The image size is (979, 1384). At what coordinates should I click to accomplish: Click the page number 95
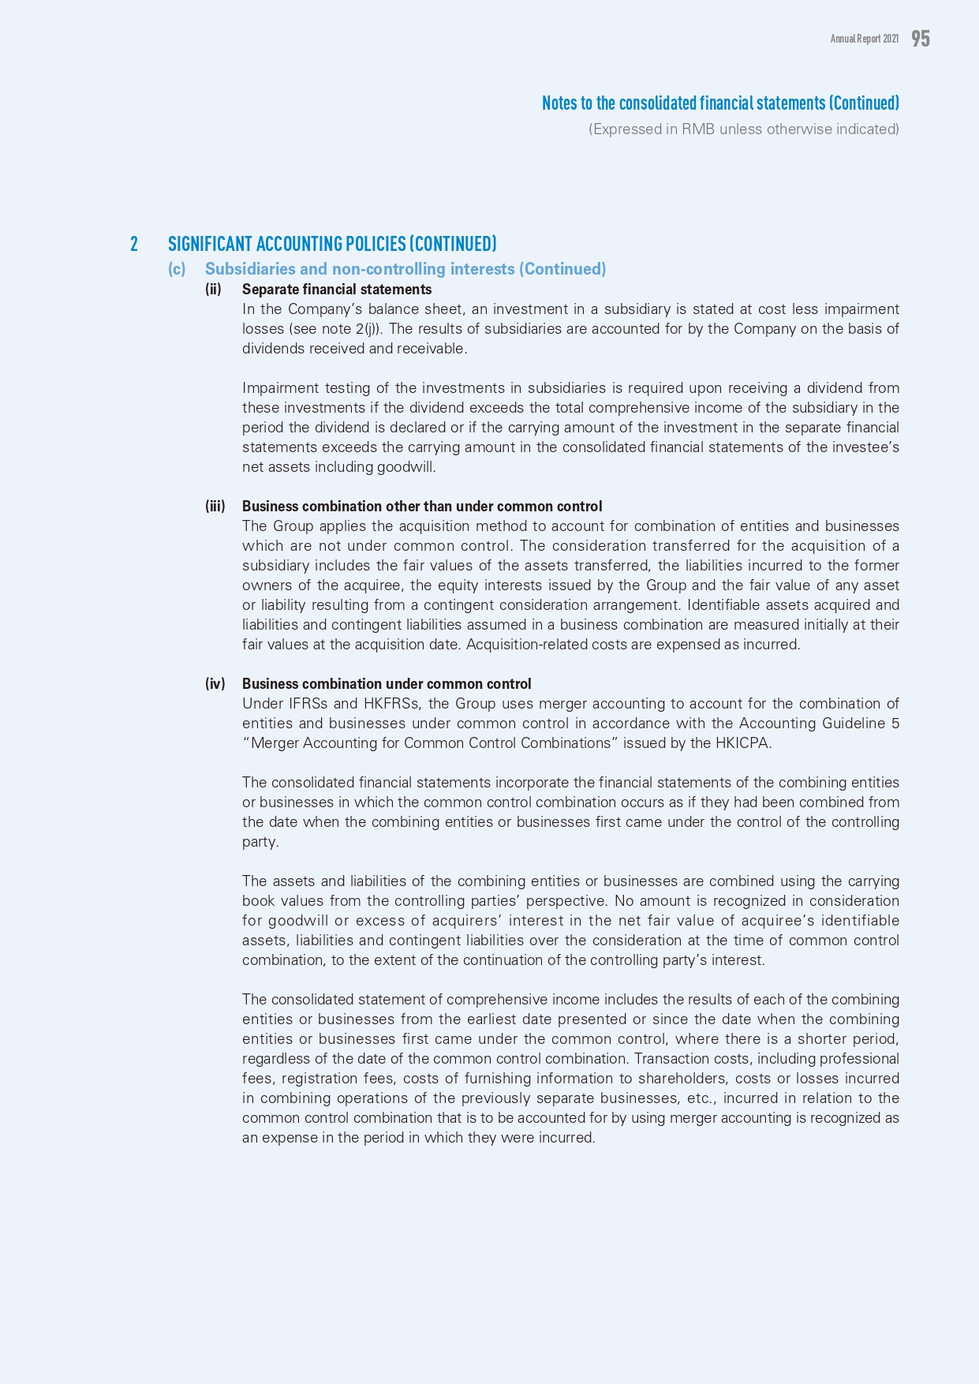click(921, 39)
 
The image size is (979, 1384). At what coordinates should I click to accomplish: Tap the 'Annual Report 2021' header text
click(864, 39)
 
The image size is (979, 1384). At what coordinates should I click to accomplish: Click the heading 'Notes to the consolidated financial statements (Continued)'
click(720, 103)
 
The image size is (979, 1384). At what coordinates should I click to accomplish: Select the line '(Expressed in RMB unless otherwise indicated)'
click(743, 129)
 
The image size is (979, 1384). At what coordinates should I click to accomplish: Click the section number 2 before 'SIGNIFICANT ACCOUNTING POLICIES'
click(134, 244)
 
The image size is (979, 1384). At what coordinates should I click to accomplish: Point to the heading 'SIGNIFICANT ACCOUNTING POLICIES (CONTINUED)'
click(332, 244)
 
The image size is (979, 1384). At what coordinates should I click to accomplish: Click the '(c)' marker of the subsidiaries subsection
click(177, 269)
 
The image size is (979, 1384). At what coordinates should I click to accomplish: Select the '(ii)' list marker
click(213, 290)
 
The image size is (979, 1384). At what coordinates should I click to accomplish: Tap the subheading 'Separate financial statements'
click(337, 290)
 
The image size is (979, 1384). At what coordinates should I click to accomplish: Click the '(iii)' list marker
click(215, 507)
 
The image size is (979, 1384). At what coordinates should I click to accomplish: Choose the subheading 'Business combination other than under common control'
click(422, 507)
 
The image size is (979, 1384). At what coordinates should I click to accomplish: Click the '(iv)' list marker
click(215, 684)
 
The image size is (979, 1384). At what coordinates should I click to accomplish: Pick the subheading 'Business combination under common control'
click(387, 684)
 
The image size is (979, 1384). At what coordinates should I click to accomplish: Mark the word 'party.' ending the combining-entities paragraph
click(260, 842)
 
